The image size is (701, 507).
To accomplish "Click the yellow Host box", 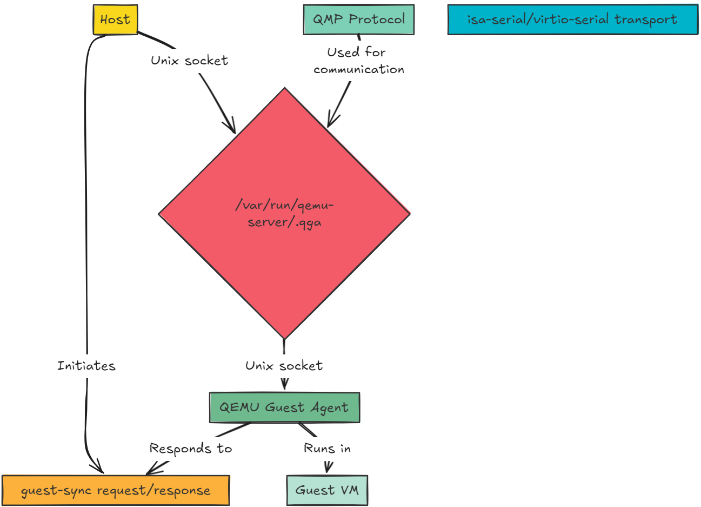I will click(x=115, y=20).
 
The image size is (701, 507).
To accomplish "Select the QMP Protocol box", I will click(x=359, y=19).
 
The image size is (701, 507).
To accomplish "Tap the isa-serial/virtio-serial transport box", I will click(x=572, y=20).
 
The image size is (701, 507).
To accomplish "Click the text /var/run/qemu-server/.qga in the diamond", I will click(x=284, y=214).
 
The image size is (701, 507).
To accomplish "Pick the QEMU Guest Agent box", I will click(x=284, y=407).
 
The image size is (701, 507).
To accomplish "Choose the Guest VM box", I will click(x=327, y=490).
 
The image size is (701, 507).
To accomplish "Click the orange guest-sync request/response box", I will click(x=116, y=491).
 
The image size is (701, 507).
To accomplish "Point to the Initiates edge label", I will click(x=86, y=366).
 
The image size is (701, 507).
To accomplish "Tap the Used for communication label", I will click(x=358, y=61).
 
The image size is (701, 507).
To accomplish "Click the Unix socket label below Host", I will click(x=189, y=61).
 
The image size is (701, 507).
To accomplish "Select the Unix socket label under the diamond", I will click(x=284, y=366).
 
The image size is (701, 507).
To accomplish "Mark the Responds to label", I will click(x=190, y=449).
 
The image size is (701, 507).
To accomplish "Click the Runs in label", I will click(x=327, y=449).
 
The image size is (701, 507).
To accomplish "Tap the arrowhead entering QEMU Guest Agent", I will click(x=284, y=385).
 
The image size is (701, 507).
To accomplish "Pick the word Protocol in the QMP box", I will click(x=377, y=19).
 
